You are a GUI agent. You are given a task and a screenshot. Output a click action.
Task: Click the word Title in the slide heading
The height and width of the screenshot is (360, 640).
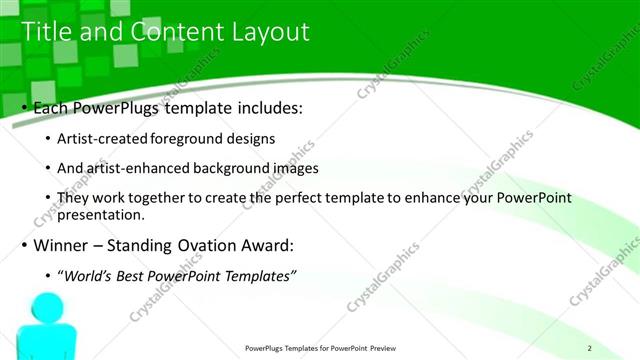[47, 32]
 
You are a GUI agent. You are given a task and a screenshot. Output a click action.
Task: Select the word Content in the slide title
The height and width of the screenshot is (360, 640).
[171, 32]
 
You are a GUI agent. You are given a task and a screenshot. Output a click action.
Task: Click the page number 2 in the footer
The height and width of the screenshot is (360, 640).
[590, 348]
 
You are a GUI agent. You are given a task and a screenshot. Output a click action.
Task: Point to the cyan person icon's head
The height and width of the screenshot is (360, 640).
[46, 307]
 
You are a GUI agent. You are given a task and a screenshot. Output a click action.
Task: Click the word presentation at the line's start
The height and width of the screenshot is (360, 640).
[102, 215]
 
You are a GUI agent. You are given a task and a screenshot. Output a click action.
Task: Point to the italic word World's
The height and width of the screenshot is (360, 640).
[90, 276]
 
